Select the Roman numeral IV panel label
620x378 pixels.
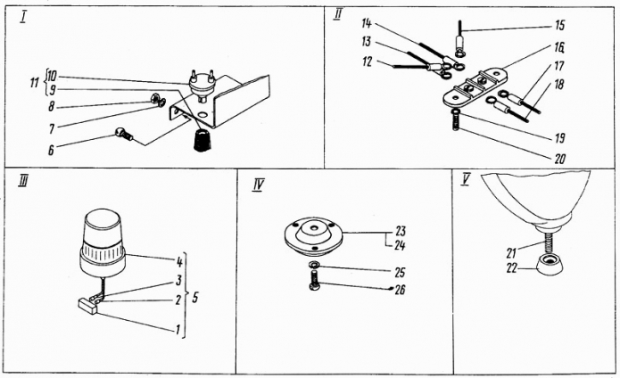[x=258, y=185]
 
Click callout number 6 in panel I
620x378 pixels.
[x=52, y=151]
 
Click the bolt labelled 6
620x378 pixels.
[x=125, y=135]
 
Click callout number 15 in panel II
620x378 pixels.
[x=559, y=26]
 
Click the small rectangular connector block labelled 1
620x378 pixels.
[x=89, y=307]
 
